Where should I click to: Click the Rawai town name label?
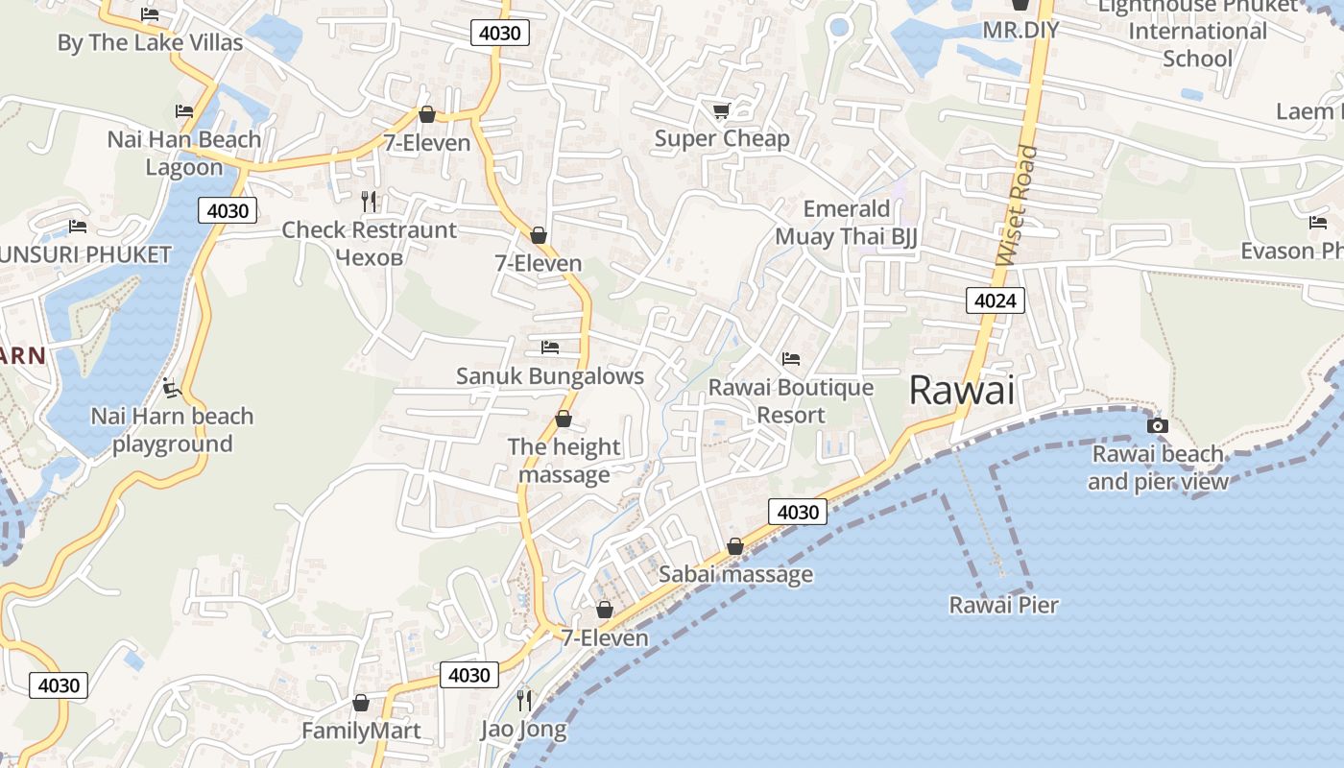(x=961, y=391)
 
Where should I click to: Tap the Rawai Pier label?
(x=1003, y=605)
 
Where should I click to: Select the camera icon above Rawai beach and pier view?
(x=1158, y=425)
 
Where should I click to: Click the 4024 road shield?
(x=995, y=301)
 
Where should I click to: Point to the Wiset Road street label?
(x=1018, y=205)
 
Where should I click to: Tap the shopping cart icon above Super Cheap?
(x=721, y=111)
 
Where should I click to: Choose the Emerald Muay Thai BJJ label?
(x=847, y=223)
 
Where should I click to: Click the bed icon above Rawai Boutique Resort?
(x=791, y=359)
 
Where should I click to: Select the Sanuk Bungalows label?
(x=549, y=376)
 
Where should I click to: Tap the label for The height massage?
(x=564, y=461)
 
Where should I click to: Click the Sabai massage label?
(x=735, y=575)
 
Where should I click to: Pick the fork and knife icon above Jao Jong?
(x=524, y=701)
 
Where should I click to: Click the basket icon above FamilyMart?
(x=361, y=703)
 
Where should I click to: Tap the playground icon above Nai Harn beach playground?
(x=173, y=389)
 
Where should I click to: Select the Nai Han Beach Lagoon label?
(x=184, y=153)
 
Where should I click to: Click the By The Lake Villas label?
(x=150, y=43)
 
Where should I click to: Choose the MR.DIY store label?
(x=1020, y=30)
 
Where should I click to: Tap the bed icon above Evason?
(x=1318, y=223)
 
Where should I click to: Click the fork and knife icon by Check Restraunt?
(x=369, y=201)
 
